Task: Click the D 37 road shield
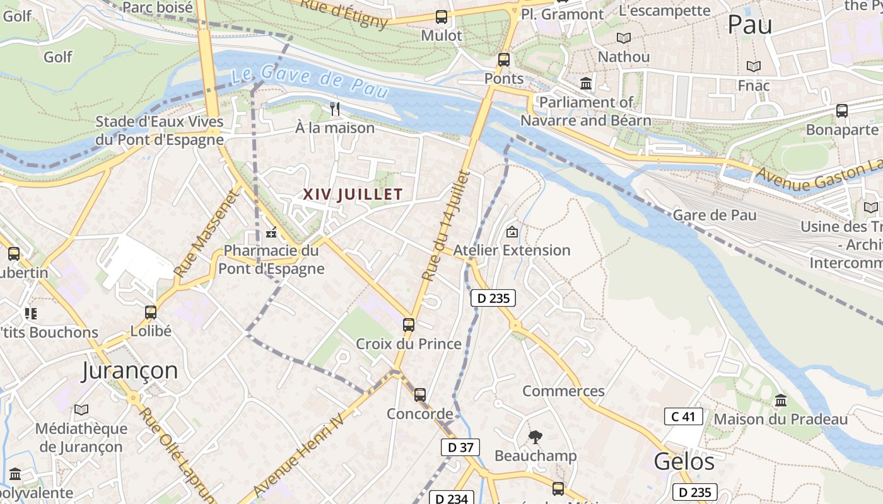(x=460, y=447)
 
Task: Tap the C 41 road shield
(x=683, y=416)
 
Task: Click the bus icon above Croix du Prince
(x=409, y=325)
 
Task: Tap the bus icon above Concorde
(x=420, y=395)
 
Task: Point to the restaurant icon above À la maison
(x=335, y=109)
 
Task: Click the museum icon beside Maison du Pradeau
(x=781, y=401)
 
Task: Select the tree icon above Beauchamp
(x=535, y=437)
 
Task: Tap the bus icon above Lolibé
(x=151, y=312)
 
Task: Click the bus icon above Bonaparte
(x=842, y=111)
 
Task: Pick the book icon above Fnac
(x=753, y=66)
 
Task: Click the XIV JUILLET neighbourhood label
(x=353, y=194)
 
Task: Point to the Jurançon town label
(x=130, y=370)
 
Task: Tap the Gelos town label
(x=684, y=462)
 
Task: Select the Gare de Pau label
(x=715, y=215)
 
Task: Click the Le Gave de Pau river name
(x=309, y=81)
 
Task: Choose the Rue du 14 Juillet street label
(x=446, y=226)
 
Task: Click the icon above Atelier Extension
(x=512, y=232)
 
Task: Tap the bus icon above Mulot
(x=441, y=17)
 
